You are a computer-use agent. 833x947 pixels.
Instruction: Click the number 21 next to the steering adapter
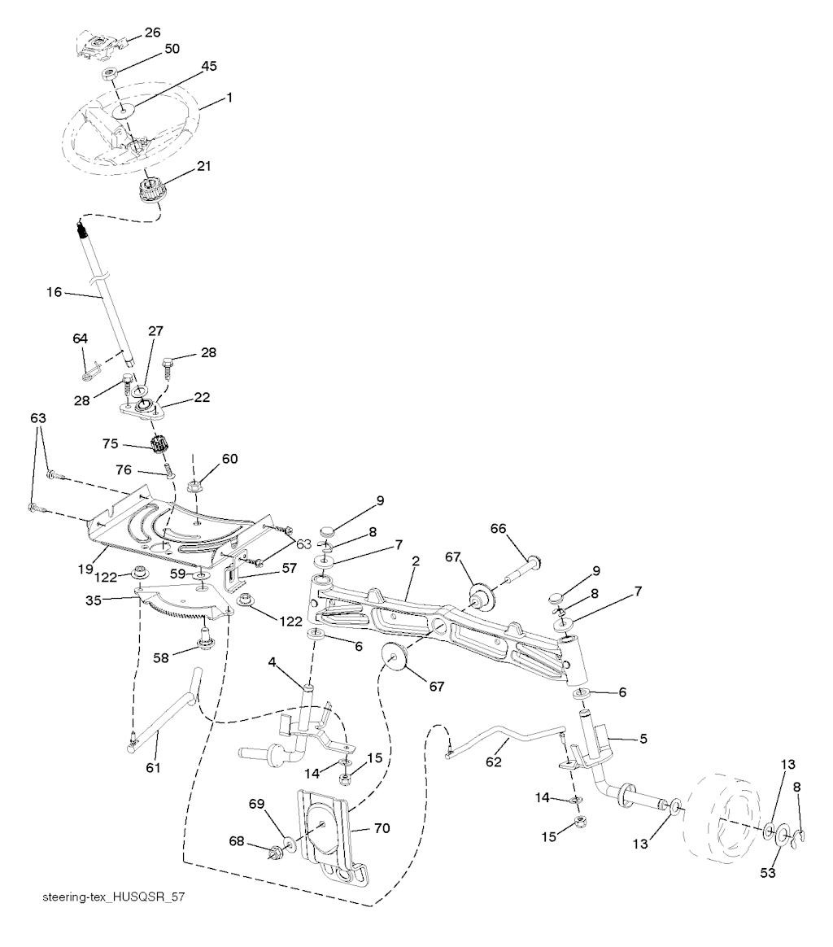pos(203,166)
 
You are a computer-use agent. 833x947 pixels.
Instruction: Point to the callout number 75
pos(111,444)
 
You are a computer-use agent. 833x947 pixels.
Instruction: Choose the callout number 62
pos(494,763)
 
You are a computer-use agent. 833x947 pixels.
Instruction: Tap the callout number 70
pos(382,828)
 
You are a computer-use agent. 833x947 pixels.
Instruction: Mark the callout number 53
pos(768,873)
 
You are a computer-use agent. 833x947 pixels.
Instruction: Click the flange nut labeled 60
pos(195,487)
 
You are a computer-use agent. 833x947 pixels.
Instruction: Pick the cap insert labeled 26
pos(97,42)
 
